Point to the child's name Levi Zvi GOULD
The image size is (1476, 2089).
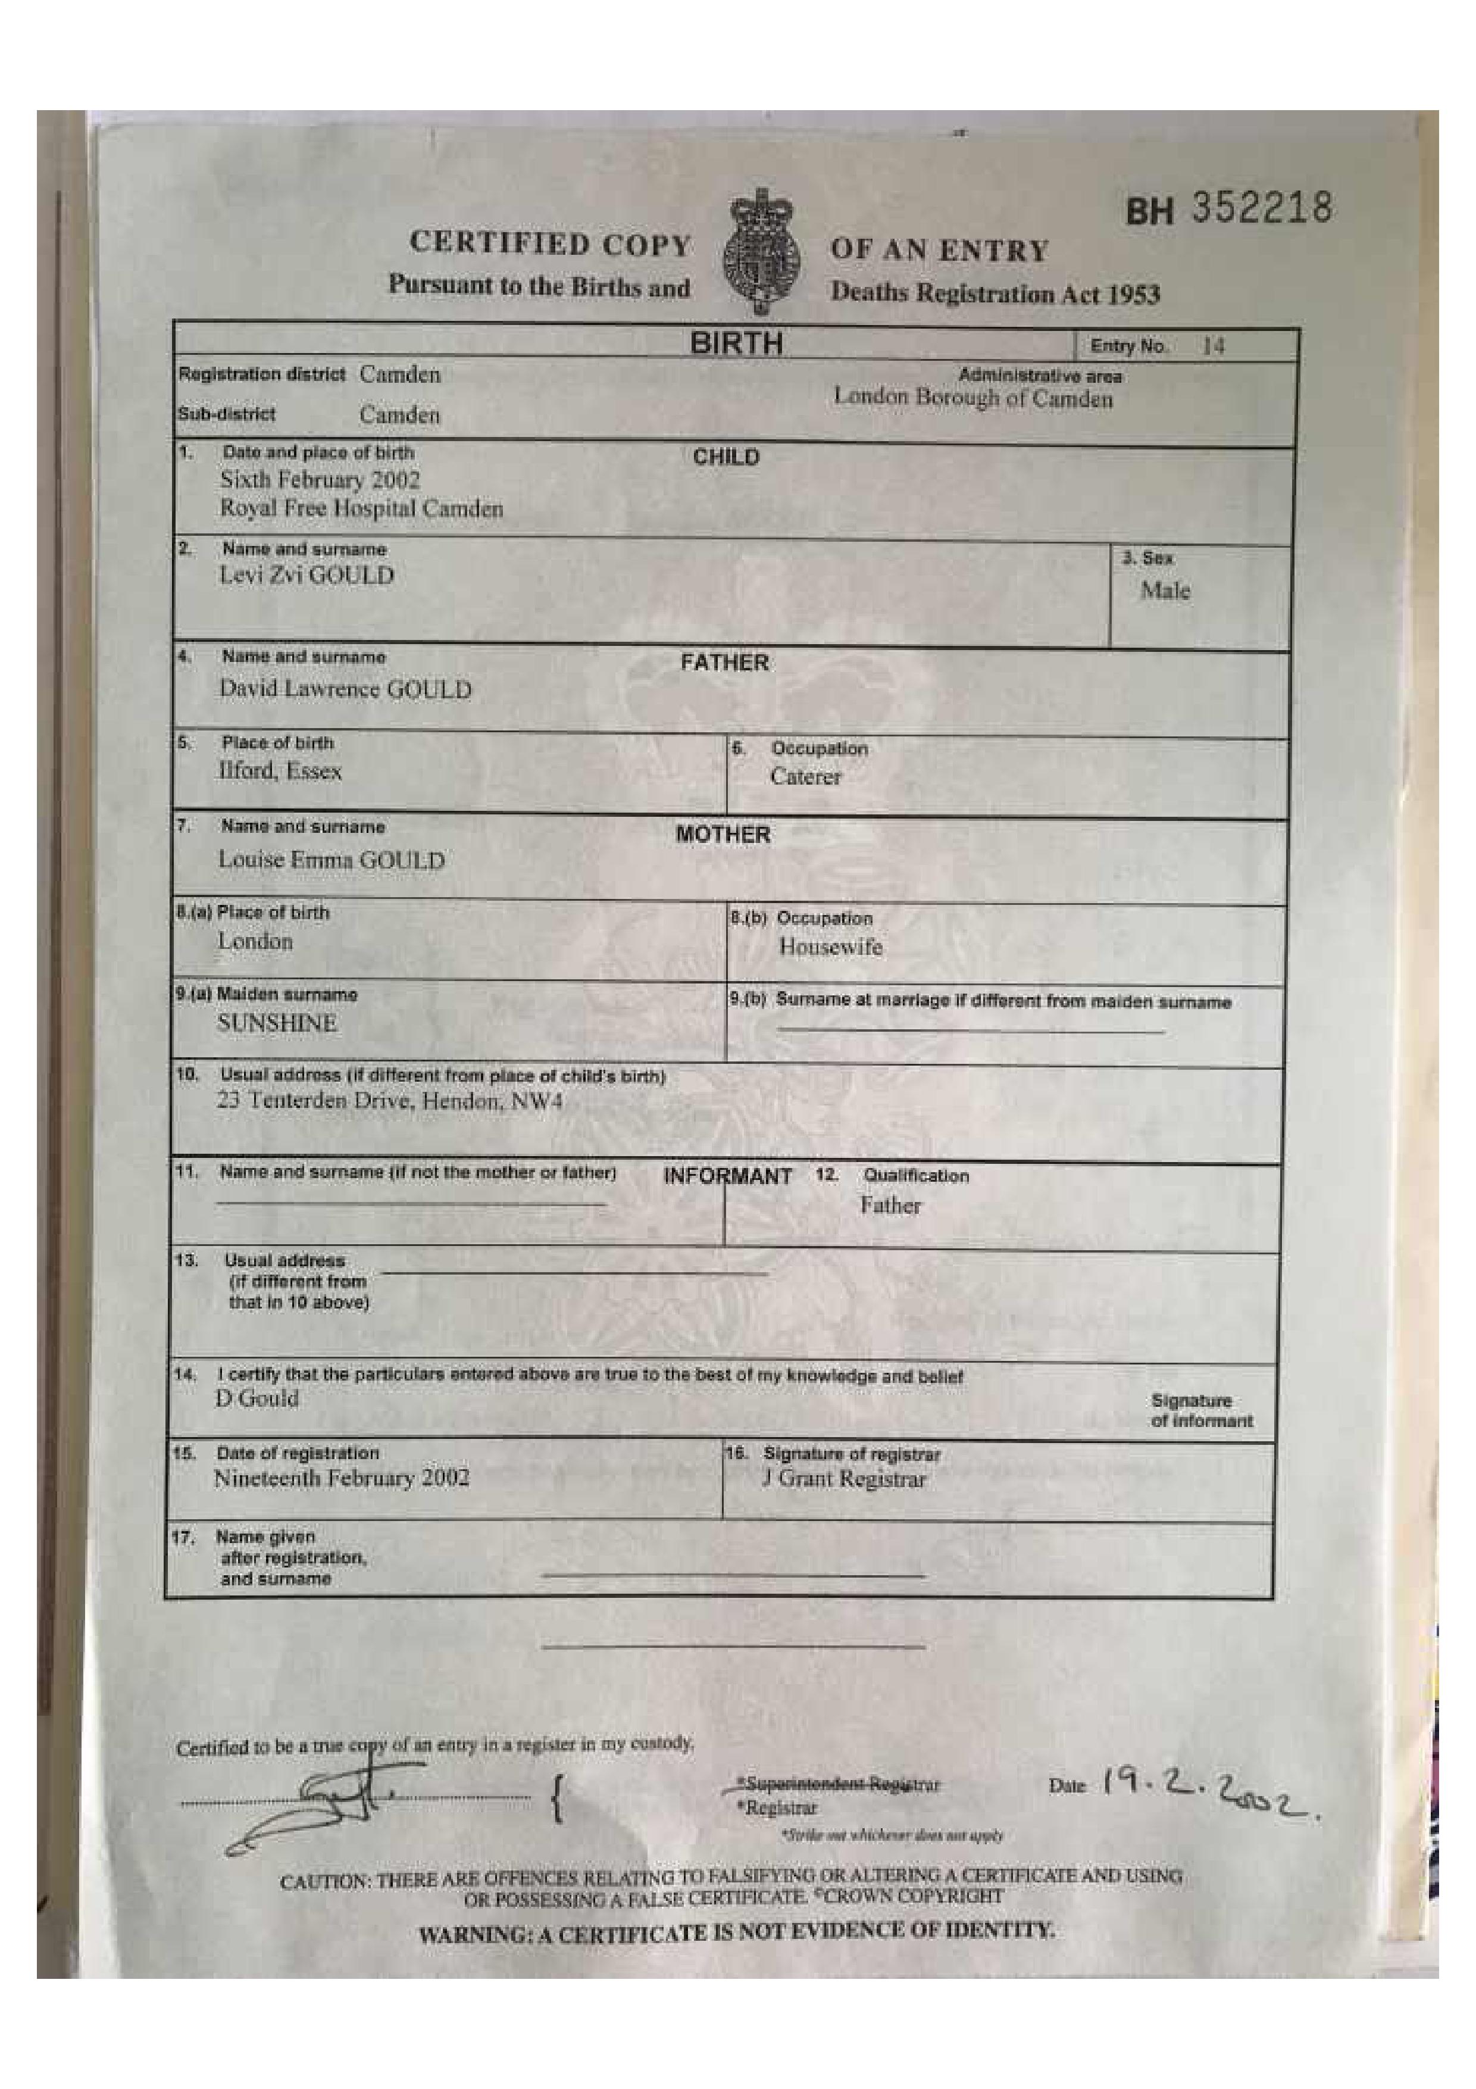pyautogui.click(x=307, y=576)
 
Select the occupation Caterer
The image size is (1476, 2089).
pyautogui.click(x=805, y=777)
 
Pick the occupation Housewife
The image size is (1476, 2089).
pyautogui.click(x=830, y=947)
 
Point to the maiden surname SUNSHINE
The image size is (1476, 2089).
pyautogui.click(x=277, y=1023)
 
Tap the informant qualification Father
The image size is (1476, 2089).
pyautogui.click(x=890, y=1206)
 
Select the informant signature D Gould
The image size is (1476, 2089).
pyautogui.click(x=257, y=1398)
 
